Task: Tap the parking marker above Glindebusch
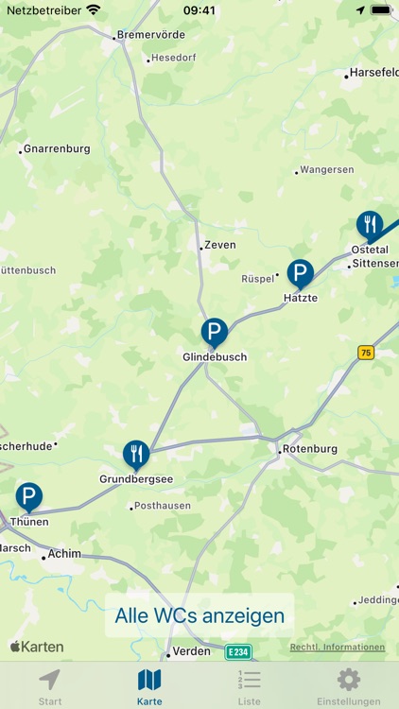pos(215,333)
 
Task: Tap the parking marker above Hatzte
pos(301,274)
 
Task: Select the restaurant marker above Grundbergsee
pos(136,455)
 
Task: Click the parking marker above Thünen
pos(29,497)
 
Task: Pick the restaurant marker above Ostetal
pos(370,225)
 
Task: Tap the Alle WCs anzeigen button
pos(199,615)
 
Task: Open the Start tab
pos(50,686)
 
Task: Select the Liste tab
pos(250,686)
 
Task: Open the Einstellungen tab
pos(349,686)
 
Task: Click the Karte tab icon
pos(149,680)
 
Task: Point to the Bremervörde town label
pos(150,36)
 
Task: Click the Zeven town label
pos(220,245)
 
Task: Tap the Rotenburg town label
pos(310,449)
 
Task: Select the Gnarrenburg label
pos(57,148)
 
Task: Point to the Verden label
pos(192,651)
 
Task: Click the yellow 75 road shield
pos(366,352)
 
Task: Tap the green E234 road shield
pos(238,651)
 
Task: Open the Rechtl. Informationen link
pos(338,648)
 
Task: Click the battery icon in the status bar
pos(380,10)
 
